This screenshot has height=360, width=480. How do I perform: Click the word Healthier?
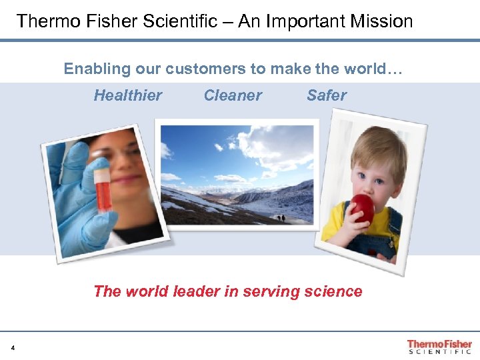[127, 95]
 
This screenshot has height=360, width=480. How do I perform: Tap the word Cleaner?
[233, 95]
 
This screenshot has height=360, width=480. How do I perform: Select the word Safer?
[327, 95]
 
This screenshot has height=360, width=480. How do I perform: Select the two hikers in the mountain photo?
[283, 218]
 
